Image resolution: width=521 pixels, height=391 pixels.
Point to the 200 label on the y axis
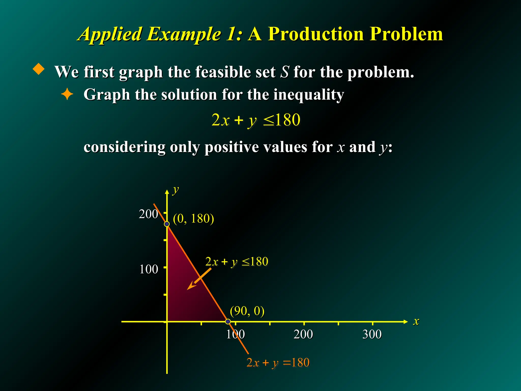(148, 214)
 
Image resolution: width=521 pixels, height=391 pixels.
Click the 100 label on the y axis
(149, 269)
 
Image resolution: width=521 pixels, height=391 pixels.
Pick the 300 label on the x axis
(372, 334)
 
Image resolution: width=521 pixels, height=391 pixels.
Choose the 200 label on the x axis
(303, 334)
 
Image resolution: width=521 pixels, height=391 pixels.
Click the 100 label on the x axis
(235, 334)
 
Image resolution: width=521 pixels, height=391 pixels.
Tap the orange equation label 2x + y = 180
(278, 362)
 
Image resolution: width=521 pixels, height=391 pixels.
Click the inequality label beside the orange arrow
(237, 262)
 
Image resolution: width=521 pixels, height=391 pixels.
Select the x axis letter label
(416, 321)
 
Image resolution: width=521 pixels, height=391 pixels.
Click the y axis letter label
(176, 190)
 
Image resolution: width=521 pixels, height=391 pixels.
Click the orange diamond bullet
(39, 69)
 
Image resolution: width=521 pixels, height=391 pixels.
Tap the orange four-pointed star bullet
(67, 94)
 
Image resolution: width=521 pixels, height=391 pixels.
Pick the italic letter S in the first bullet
(284, 72)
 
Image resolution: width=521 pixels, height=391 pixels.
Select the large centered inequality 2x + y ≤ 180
(256, 120)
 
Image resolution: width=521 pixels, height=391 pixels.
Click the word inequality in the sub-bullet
(309, 95)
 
